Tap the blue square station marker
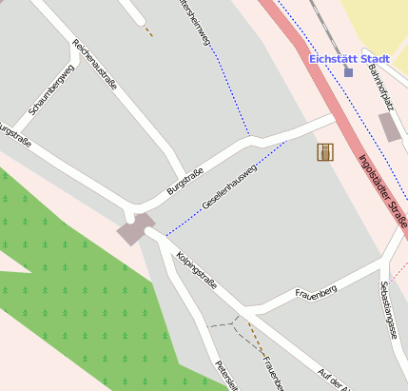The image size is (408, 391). point(348,71)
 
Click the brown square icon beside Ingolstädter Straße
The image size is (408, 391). point(325,151)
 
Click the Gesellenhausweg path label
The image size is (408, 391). point(229,187)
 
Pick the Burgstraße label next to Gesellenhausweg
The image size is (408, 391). point(186,179)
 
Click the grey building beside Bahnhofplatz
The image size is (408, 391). point(389,127)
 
